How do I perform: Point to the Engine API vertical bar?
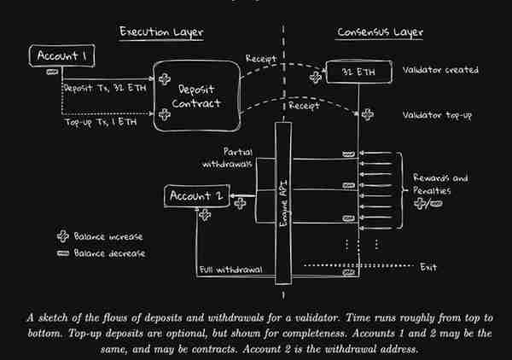(x=283, y=203)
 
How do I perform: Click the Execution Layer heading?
(x=161, y=32)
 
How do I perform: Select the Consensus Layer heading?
(x=380, y=32)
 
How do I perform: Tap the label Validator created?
(x=440, y=70)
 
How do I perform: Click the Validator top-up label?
(x=437, y=115)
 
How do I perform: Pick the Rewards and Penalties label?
(x=440, y=184)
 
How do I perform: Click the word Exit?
(x=428, y=268)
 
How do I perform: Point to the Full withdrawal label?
(x=231, y=270)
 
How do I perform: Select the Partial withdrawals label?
(x=228, y=158)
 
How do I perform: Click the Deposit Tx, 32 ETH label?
(x=105, y=88)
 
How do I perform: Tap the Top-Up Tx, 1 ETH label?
(x=101, y=122)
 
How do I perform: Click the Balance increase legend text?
(x=108, y=236)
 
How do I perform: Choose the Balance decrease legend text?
(x=109, y=253)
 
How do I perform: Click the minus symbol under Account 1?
(x=52, y=72)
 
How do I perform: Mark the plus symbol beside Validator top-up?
(x=368, y=114)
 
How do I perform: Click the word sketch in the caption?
(x=55, y=318)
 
